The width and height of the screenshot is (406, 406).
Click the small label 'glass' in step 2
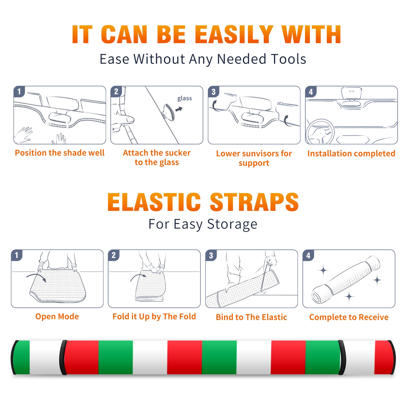[x=184, y=98]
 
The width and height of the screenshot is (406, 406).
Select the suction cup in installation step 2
[x=168, y=112]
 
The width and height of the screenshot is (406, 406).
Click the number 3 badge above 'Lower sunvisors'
[x=213, y=92]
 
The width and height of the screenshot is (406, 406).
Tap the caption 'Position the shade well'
[x=60, y=153]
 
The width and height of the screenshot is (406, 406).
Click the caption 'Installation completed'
[x=351, y=153]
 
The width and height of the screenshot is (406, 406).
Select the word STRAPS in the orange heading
[x=254, y=202]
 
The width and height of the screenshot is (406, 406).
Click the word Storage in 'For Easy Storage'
[x=232, y=224]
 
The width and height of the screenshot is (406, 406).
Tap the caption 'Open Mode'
[x=57, y=316]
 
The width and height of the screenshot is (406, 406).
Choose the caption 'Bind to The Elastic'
[x=251, y=317]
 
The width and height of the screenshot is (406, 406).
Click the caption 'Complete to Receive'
[x=349, y=317]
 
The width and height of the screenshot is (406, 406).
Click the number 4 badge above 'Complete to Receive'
[x=308, y=255]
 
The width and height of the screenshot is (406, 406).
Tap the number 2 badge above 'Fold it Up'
[x=113, y=255]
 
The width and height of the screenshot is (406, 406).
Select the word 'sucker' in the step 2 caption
[x=178, y=153]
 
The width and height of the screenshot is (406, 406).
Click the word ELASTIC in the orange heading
[x=154, y=202]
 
